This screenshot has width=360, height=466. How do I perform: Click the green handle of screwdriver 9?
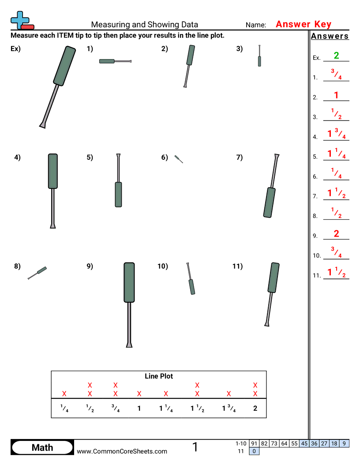point(129,282)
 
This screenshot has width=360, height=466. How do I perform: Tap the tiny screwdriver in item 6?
point(179,159)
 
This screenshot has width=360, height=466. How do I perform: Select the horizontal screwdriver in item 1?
point(115,61)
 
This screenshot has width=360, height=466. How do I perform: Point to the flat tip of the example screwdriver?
point(42,125)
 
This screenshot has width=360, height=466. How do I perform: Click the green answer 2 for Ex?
point(336,56)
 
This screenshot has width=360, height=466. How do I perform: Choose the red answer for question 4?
point(336,133)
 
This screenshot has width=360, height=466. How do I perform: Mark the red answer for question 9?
point(336,234)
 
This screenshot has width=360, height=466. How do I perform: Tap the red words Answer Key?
point(303,24)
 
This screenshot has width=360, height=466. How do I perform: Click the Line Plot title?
point(159,376)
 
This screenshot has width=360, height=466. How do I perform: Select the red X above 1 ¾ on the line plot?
point(229,394)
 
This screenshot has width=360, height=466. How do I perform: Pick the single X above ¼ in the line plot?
point(64,394)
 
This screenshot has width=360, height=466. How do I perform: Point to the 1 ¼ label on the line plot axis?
point(166,409)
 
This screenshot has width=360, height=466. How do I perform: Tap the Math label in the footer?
point(42,447)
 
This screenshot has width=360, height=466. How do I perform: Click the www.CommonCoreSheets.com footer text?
point(122,451)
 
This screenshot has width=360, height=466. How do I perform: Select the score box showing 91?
point(254,443)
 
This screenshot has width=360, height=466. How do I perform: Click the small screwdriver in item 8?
point(37,273)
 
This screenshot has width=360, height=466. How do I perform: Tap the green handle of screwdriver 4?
point(52,171)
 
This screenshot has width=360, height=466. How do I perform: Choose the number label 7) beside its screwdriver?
point(239,157)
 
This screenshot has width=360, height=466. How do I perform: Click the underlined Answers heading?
point(330,36)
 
